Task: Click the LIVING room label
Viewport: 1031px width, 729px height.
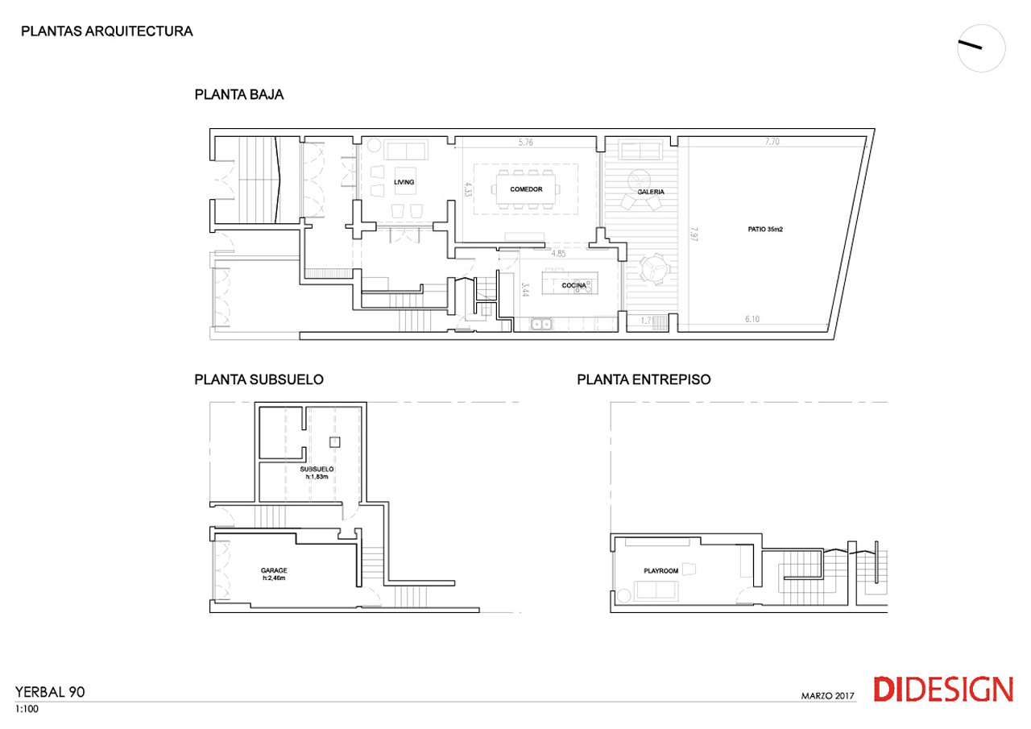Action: click(404, 182)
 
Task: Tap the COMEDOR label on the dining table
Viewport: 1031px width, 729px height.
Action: click(526, 189)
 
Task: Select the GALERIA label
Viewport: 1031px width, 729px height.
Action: click(650, 192)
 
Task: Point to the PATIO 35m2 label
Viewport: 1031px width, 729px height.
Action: click(765, 230)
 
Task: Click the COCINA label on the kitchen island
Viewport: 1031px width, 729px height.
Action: click(573, 285)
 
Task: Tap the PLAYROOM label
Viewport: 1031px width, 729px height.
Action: click(660, 570)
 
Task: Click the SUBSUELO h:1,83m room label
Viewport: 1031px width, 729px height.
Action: click(317, 473)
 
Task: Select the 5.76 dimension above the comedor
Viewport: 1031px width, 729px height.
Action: click(526, 143)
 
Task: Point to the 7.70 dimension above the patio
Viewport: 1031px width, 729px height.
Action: click(772, 142)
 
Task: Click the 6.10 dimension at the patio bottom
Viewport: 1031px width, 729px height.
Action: click(752, 318)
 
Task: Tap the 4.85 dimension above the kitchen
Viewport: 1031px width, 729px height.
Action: click(558, 254)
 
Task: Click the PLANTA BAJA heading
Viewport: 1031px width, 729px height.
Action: click(239, 94)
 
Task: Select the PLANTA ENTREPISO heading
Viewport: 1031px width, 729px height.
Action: click(644, 379)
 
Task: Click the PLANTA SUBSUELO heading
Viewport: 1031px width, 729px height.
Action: click(259, 379)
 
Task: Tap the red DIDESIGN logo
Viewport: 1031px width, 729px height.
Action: click(943, 689)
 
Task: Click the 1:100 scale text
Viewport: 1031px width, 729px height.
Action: click(27, 709)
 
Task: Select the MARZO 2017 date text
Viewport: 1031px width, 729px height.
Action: click(827, 696)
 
